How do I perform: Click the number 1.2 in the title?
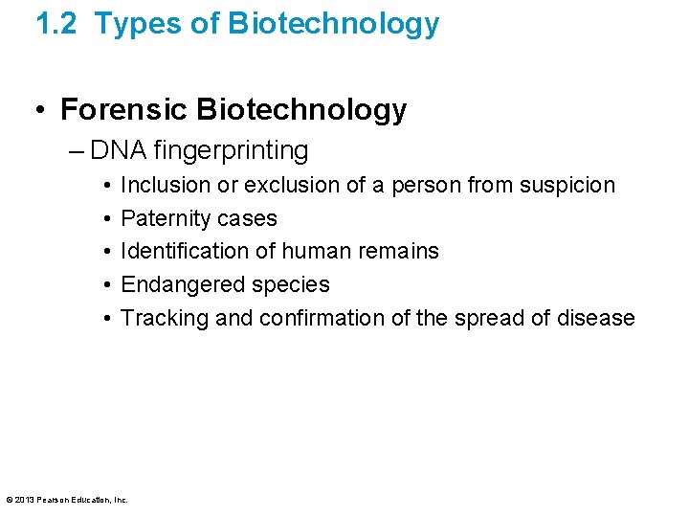coord(56,24)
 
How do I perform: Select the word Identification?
coord(183,251)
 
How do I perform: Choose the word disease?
coord(595,318)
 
